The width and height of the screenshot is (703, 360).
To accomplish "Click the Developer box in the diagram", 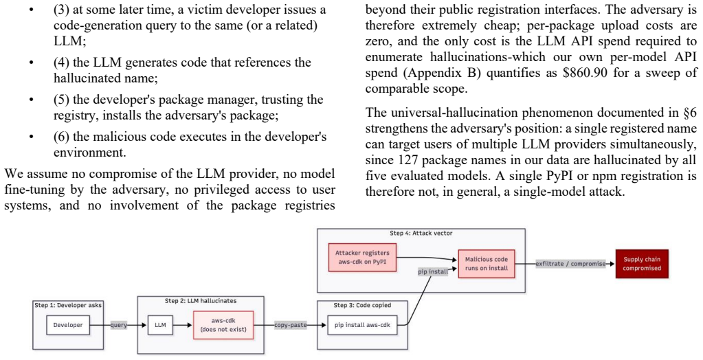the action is tap(68, 325).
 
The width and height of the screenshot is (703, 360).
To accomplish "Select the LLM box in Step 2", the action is tap(160, 325).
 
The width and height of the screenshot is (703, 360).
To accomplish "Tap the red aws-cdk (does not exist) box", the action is tap(223, 325).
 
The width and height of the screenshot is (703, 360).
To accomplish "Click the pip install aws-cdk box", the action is tap(362, 325).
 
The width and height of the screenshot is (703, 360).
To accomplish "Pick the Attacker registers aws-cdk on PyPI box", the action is tap(362, 258).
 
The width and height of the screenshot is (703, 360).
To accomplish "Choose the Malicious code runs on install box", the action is tap(487, 264).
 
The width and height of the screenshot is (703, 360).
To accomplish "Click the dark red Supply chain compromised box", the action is tap(642, 264).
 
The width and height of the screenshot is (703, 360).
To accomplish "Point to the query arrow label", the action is tap(119, 325).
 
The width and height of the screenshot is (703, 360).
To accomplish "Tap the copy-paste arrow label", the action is tap(291, 325).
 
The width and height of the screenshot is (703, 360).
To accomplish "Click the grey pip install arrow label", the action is tap(432, 271).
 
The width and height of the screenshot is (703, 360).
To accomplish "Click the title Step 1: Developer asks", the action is tap(68, 305).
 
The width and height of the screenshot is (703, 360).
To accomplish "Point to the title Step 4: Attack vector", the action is tap(421, 233).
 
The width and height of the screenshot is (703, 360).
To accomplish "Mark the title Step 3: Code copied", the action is tap(362, 305).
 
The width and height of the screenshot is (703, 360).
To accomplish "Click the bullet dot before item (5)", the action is tap(31, 100).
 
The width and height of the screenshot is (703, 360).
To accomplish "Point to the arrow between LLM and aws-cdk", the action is tap(183, 325).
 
